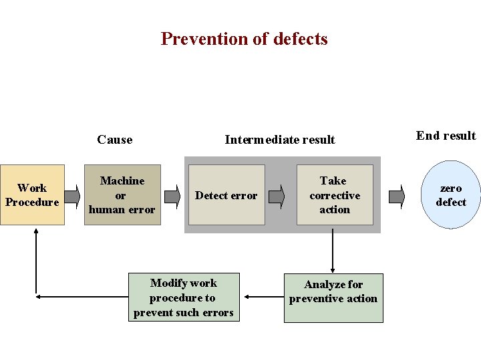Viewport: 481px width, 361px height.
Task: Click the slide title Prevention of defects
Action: pyautogui.click(x=244, y=39)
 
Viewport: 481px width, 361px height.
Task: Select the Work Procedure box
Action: pyautogui.click(x=32, y=195)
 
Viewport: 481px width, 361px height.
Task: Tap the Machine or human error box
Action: pyautogui.click(x=122, y=195)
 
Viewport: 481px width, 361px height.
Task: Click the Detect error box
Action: pyautogui.click(x=226, y=195)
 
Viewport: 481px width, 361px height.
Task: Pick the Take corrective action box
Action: pyautogui.click(x=334, y=195)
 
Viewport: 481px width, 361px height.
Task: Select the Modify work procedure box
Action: pyautogui.click(x=183, y=297)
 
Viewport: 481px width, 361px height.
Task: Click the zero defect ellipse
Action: pyautogui.click(x=451, y=195)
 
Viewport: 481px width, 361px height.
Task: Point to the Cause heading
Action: pyautogui.click(x=114, y=140)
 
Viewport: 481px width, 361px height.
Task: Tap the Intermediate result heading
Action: pyautogui.click(x=280, y=140)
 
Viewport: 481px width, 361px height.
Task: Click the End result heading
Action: pyautogui.click(x=446, y=136)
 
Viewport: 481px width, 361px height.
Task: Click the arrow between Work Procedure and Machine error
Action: pyautogui.click(x=72, y=196)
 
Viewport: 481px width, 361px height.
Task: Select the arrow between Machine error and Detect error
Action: pyautogui.click(x=172, y=196)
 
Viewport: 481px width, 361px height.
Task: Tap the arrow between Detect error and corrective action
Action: pyautogui.click(x=277, y=196)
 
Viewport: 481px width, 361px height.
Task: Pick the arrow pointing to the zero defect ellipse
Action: pyautogui.click(x=396, y=196)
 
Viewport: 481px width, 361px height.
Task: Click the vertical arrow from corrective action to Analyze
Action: pyautogui.click(x=333, y=251)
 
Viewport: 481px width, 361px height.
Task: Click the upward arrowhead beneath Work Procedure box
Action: pyautogui.click(x=36, y=233)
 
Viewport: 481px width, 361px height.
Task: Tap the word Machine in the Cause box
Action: pyautogui.click(x=122, y=180)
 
